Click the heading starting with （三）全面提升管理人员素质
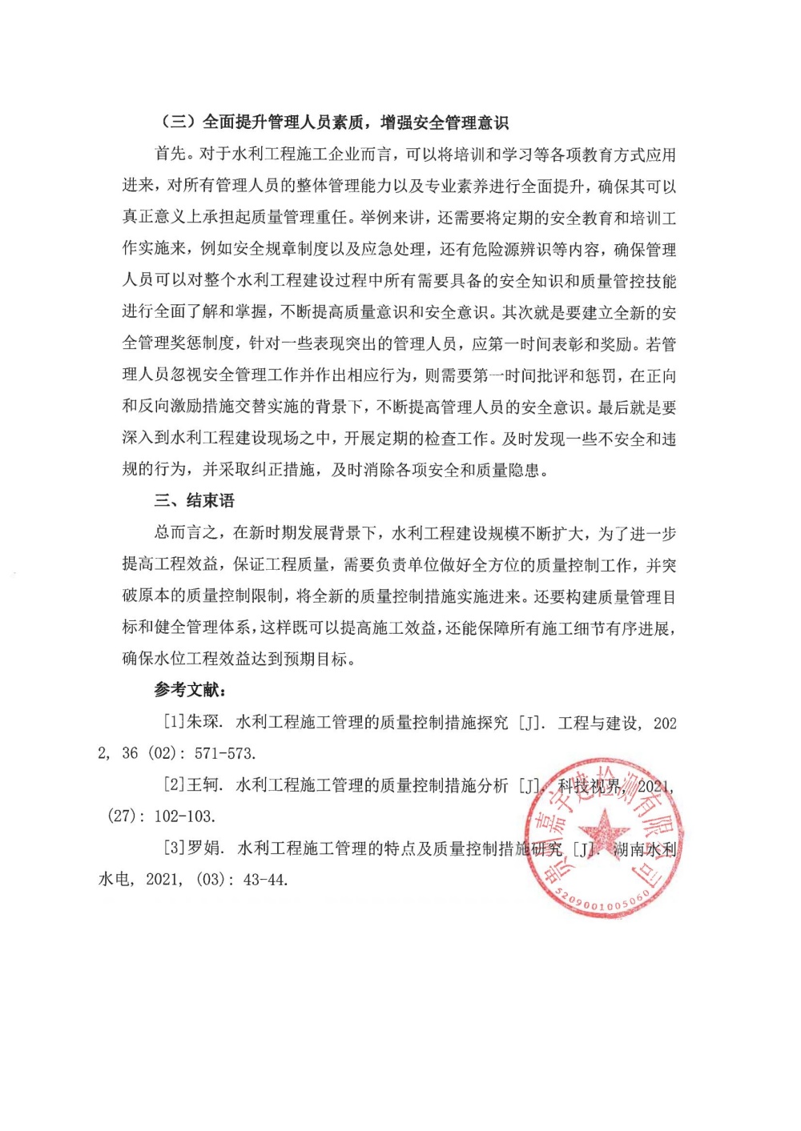pyautogui.click(x=334, y=122)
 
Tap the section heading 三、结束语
pyautogui.click(x=195, y=501)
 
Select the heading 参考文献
pyautogui.click(x=190, y=690)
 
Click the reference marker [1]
pyautogui.click(x=175, y=722)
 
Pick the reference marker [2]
pyautogui.click(x=175, y=785)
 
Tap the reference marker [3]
pyautogui.click(x=175, y=848)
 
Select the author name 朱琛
pyautogui.click(x=204, y=722)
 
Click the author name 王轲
pyautogui.click(x=204, y=785)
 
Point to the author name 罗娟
pyautogui.click(x=204, y=848)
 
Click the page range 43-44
pyautogui.click(x=264, y=880)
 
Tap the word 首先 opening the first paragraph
pyautogui.click(x=170, y=154)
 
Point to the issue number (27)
pyautogui.click(x=122, y=816)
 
